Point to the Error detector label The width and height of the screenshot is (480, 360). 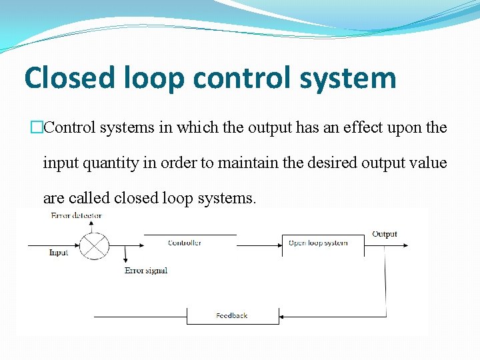76,216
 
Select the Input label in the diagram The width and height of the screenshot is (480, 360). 59,253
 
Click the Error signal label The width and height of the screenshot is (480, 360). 146,271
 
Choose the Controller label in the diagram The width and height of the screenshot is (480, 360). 185,243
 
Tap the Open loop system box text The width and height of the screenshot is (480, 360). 318,243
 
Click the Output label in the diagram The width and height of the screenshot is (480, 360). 385,234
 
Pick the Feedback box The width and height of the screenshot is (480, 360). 232,315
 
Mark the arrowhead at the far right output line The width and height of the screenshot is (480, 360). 405,245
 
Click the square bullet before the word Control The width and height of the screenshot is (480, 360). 37,127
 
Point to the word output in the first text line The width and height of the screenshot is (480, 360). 270,127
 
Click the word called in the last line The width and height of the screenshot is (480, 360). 89,198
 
